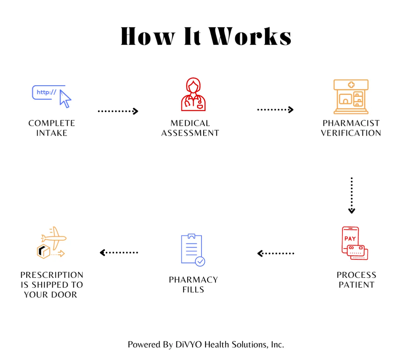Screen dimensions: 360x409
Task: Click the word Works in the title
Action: click(250, 36)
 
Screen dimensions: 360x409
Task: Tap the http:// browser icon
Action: click(51, 96)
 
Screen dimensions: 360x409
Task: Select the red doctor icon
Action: click(193, 94)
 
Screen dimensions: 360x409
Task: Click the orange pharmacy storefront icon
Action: click(351, 97)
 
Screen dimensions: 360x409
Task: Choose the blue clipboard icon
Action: click(192, 249)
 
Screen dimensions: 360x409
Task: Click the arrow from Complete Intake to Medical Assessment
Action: click(118, 111)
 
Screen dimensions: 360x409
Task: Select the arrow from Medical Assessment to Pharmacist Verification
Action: click(275, 110)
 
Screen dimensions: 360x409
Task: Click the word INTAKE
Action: click(52, 133)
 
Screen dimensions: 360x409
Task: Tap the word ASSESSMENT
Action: click(190, 133)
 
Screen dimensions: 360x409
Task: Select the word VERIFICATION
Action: click(351, 133)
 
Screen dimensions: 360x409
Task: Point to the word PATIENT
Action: click(357, 285)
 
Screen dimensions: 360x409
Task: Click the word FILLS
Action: click(193, 289)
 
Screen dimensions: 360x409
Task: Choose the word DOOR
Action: click(64, 295)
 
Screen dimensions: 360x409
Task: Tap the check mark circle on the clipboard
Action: click(200, 261)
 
